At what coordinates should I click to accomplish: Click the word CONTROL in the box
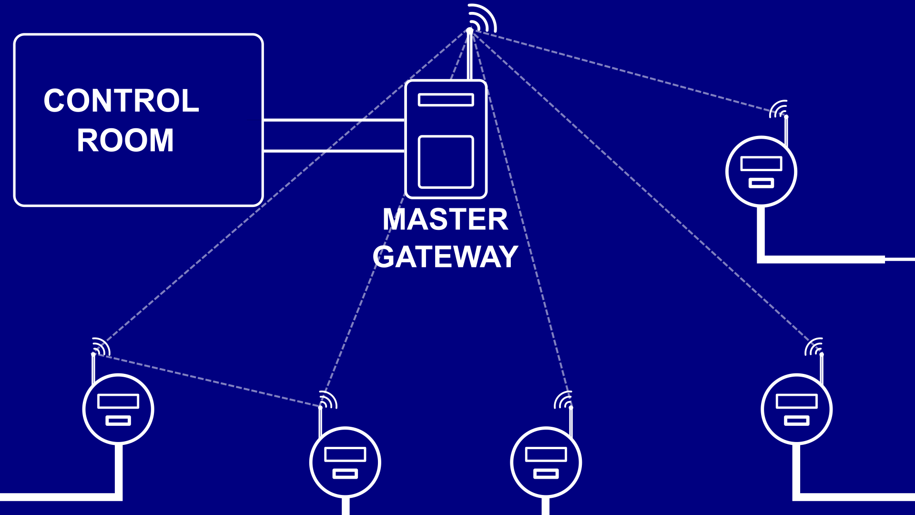[x=121, y=101]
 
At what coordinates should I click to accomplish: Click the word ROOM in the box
[x=125, y=140]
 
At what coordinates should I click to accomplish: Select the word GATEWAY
[x=445, y=257]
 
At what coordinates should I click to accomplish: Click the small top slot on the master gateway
[x=446, y=100]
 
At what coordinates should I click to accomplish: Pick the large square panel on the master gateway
[x=446, y=162]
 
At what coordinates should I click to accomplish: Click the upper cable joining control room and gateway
[x=334, y=120]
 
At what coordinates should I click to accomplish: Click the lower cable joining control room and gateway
[x=334, y=151]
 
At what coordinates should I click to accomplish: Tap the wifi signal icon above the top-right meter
[x=779, y=109]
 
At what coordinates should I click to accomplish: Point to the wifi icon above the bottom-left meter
[x=101, y=346]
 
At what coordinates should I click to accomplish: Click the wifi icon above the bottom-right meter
[x=814, y=347]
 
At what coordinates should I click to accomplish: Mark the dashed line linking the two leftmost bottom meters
[x=207, y=381]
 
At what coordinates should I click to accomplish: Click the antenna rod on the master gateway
[x=470, y=57]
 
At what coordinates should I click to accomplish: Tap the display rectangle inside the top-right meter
[x=761, y=164]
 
